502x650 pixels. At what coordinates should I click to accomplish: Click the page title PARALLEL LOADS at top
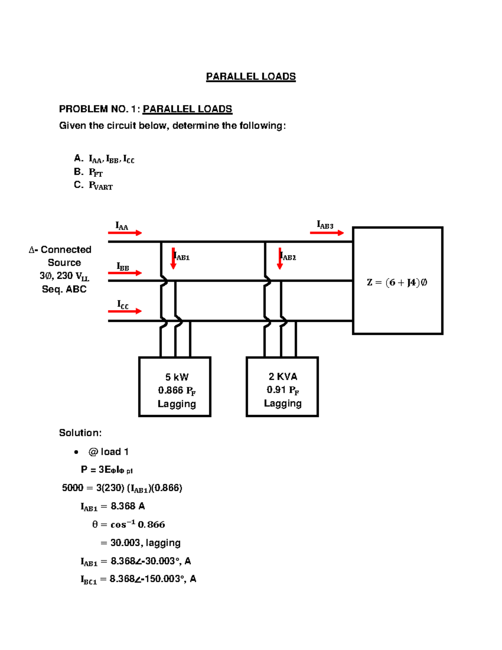[x=251, y=77]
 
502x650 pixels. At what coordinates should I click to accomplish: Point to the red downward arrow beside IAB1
[x=173, y=259]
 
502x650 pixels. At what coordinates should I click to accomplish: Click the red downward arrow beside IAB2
[x=280, y=259]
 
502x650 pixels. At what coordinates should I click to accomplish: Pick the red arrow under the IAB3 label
[x=327, y=233]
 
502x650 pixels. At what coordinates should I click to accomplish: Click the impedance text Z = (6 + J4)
[x=397, y=283]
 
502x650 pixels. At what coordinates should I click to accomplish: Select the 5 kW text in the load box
[x=177, y=377]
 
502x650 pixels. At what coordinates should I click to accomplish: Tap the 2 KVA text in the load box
[x=283, y=377]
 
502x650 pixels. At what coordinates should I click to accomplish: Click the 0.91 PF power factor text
[x=283, y=390]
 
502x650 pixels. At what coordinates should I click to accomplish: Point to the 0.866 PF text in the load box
[x=177, y=391]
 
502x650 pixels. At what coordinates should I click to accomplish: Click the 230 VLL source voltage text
[x=64, y=276]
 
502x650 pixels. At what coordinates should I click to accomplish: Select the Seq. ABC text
[x=64, y=289]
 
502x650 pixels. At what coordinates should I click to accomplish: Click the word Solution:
[x=80, y=433]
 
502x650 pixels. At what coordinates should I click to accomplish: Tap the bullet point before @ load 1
[x=76, y=452]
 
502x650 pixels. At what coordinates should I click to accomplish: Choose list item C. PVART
[x=93, y=185]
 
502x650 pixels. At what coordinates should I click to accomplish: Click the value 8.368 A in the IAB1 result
[x=128, y=506]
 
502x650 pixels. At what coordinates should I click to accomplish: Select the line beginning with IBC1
[x=138, y=579]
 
